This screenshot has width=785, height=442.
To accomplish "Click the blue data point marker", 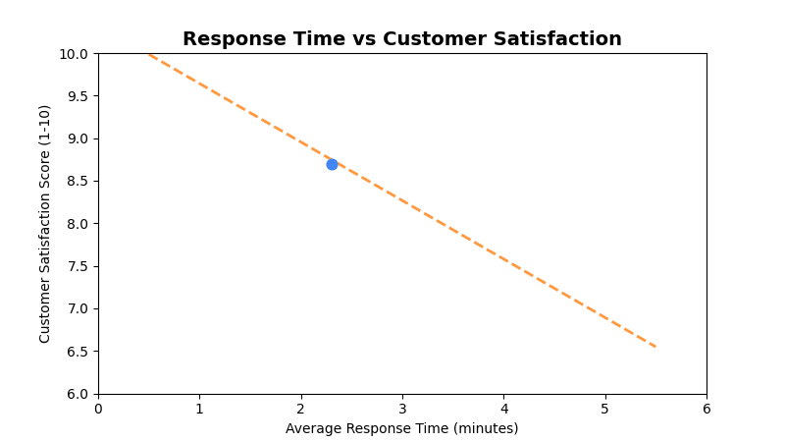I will pos(332,164).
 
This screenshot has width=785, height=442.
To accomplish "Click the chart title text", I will pos(401,39).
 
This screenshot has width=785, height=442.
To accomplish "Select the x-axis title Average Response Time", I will pos(401,429).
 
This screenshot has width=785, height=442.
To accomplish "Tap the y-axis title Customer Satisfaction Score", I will pos(45,224).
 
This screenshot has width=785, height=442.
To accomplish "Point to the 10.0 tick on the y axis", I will pos(77,53).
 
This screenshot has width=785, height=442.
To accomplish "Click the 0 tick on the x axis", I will pos(98,409).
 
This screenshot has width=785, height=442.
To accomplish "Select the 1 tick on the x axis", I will pos(199,409).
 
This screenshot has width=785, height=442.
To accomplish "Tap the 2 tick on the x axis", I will pos(301,409).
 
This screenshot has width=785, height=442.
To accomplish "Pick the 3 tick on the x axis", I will pos(402,409).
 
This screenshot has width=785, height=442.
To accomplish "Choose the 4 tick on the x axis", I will pos(503,409).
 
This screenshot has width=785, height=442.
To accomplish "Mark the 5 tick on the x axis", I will pos(605,409).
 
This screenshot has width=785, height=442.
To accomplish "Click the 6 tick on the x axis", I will pos(706,409).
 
